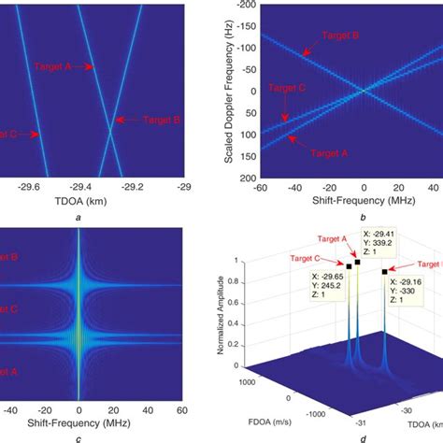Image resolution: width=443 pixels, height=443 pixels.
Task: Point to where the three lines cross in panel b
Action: pyautogui.click(x=363, y=92)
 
